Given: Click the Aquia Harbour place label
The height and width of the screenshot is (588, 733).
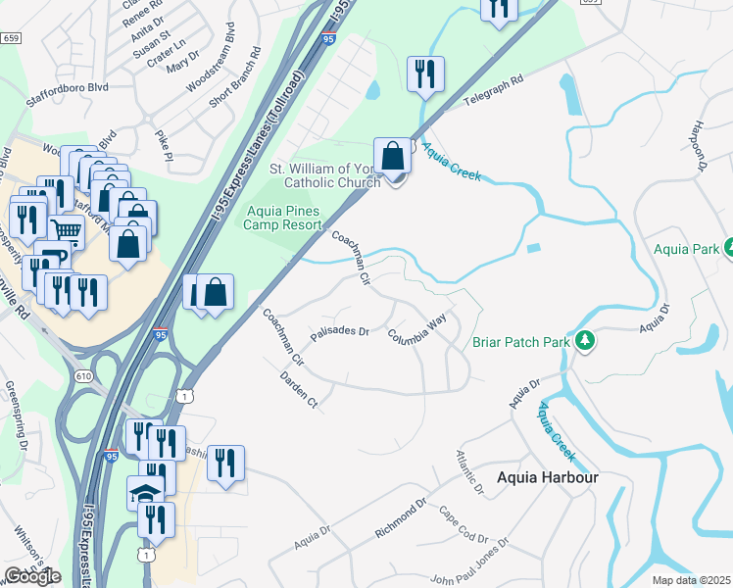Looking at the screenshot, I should pyautogui.click(x=547, y=477).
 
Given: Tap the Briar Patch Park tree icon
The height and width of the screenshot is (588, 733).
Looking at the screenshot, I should pyautogui.click(x=585, y=341).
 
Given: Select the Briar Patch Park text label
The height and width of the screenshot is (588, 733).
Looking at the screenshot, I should pyautogui.click(x=521, y=342).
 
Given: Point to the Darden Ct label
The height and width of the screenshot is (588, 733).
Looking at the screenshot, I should pyautogui.click(x=299, y=388).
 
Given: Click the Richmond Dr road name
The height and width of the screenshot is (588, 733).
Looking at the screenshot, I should pyautogui.click(x=401, y=518).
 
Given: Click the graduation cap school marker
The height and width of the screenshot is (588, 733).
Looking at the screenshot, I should pyautogui.click(x=145, y=493).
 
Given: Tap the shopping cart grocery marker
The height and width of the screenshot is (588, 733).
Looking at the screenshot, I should pyautogui.click(x=66, y=230).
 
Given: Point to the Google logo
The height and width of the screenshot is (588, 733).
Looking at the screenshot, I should pyautogui.click(x=32, y=576).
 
